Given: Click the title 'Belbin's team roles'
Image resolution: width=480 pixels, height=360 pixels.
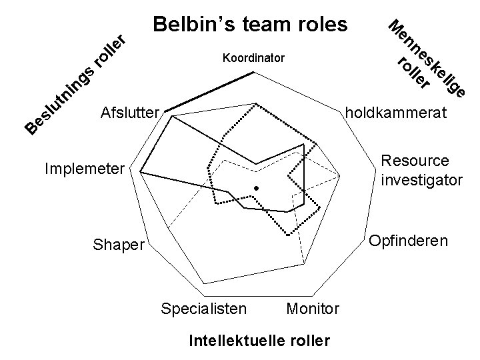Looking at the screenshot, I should coord(250,25).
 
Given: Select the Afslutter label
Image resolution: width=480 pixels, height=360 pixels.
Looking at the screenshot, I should coord(129,111).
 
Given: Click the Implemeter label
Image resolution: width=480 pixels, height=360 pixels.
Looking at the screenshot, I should coord(83,169).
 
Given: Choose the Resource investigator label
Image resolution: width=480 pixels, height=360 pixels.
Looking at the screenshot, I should coord(421,171).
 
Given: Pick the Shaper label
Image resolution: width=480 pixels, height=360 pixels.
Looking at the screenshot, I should coord(118,246).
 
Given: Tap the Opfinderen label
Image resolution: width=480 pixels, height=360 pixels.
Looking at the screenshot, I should coord(409,239).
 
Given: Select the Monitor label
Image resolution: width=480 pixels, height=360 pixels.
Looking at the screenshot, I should coord(313,309).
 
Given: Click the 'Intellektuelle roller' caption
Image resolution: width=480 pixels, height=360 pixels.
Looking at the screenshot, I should coord(259,341).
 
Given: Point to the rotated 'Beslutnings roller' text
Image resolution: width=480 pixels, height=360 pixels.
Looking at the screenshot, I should coord(73,83).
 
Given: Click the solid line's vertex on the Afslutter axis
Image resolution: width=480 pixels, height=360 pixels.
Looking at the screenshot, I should coord(172,117).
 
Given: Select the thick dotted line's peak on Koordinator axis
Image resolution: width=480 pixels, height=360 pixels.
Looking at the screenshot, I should coord(257,103).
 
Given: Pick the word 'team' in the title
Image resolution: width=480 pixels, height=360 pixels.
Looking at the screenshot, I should coord(264,25).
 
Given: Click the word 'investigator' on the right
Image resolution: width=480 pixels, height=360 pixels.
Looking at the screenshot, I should coord(421,179).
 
